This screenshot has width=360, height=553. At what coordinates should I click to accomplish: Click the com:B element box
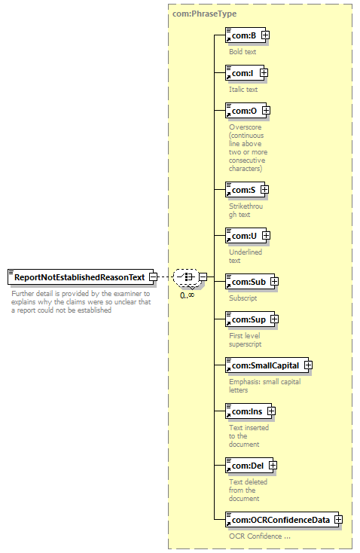tap(246, 35)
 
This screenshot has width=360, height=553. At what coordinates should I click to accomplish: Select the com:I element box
tap(245, 73)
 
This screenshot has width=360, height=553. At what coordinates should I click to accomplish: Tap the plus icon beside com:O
tap(266, 111)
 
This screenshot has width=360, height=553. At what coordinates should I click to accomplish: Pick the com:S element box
tap(245, 190)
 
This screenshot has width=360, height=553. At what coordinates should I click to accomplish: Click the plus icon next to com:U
tap(266, 235)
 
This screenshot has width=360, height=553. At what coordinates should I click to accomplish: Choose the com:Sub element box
tap(250, 282)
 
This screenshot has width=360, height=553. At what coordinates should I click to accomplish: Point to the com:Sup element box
tap(250, 319)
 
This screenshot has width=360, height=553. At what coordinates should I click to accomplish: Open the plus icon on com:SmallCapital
tap(308, 365)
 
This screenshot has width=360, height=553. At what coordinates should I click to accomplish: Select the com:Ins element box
tap(249, 411)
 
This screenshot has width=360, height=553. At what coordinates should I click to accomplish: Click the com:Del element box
tap(249, 466)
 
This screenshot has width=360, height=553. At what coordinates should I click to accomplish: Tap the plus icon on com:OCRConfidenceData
tap(338, 520)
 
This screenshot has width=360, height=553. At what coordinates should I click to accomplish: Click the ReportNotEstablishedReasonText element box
tap(81, 277)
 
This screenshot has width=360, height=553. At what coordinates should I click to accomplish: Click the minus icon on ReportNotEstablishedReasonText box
tap(154, 276)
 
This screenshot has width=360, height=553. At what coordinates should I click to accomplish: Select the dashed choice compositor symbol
tap(186, 276)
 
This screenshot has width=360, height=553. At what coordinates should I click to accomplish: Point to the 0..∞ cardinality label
tap(187, 295)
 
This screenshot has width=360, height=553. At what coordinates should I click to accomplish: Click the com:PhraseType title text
tap(205, 14)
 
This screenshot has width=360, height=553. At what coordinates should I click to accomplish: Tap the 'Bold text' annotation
tap(243, 51)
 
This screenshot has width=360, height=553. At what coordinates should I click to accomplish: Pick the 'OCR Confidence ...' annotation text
tap(260, 536)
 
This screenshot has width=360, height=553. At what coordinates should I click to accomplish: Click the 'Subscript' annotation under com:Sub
tap(243, 298)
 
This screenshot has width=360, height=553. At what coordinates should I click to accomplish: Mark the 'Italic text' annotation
tap(243, 89)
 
